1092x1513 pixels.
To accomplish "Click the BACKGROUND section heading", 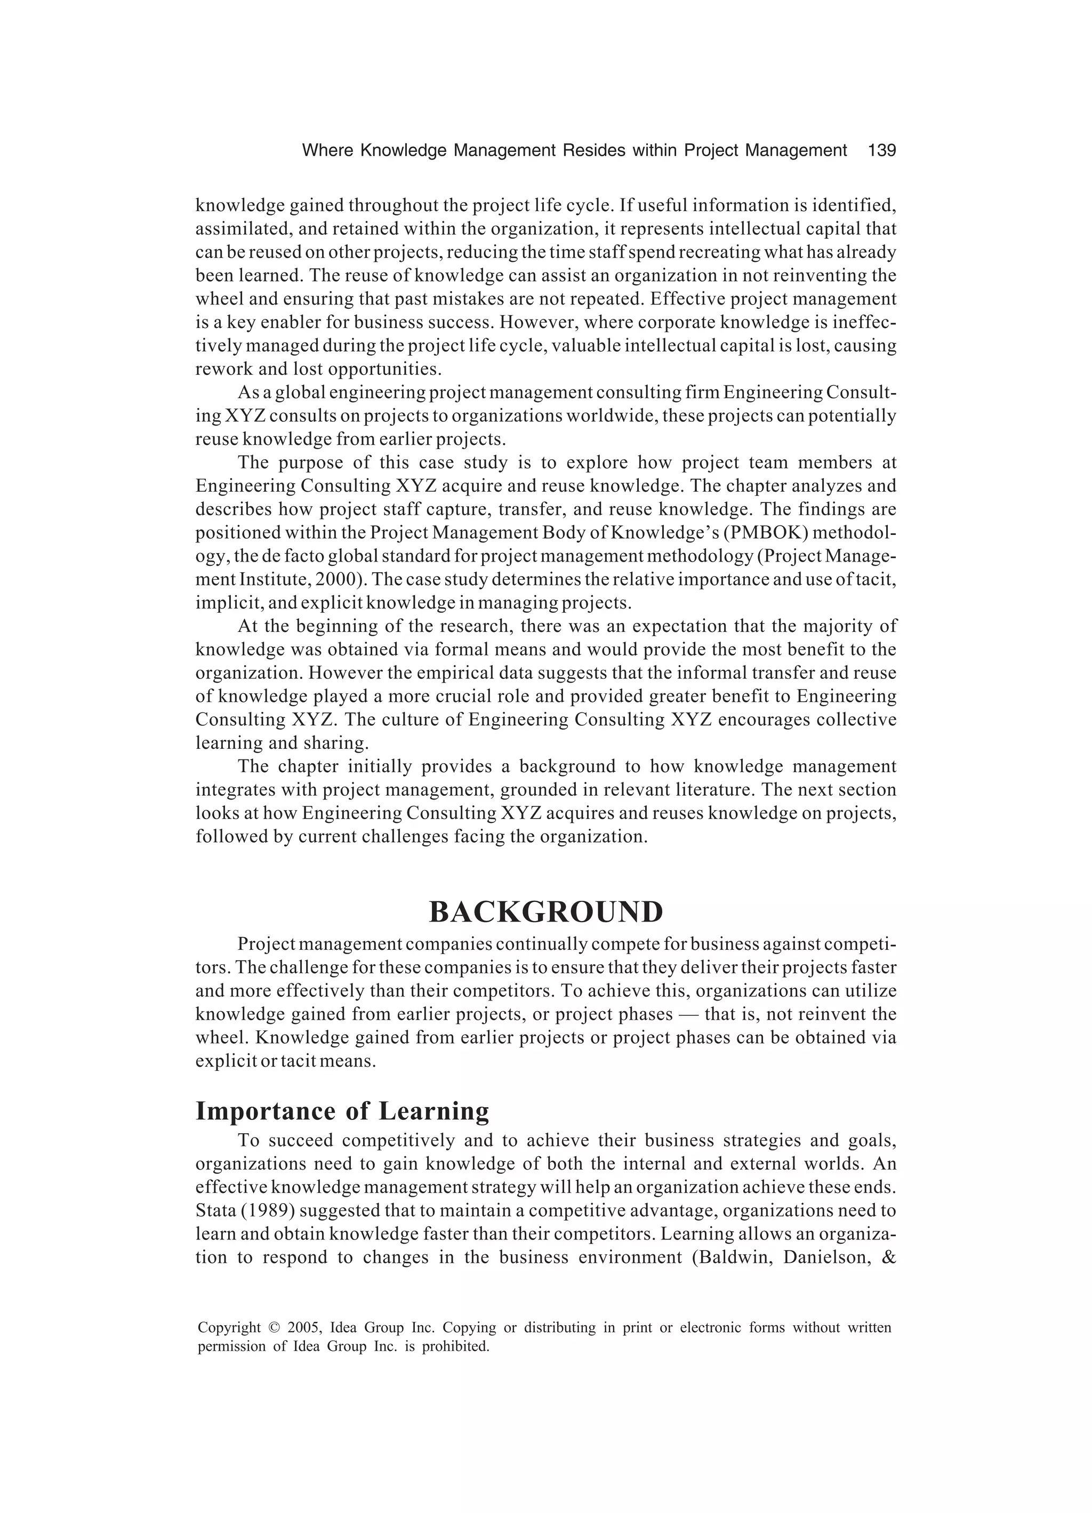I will point(545,912).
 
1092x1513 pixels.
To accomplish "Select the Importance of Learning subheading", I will point(342,1111).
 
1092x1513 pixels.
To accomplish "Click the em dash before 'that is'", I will point(688,1014).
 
